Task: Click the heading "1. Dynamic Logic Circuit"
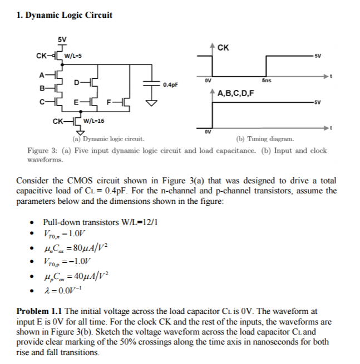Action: pos(65,14)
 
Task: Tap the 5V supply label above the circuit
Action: pos(62,39)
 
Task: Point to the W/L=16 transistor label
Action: pos(93,121)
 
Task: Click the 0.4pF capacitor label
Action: pos(170,85)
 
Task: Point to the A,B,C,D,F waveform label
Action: pos(236,93)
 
